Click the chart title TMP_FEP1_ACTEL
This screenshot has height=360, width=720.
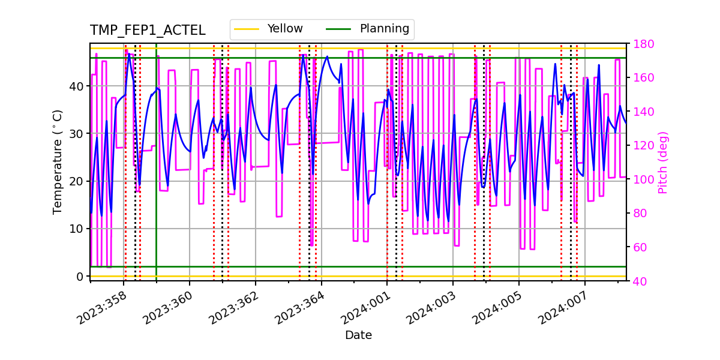148,31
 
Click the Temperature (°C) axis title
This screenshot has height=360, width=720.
58,161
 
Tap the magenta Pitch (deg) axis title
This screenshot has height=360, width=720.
662,162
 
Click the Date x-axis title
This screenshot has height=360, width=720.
358,335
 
